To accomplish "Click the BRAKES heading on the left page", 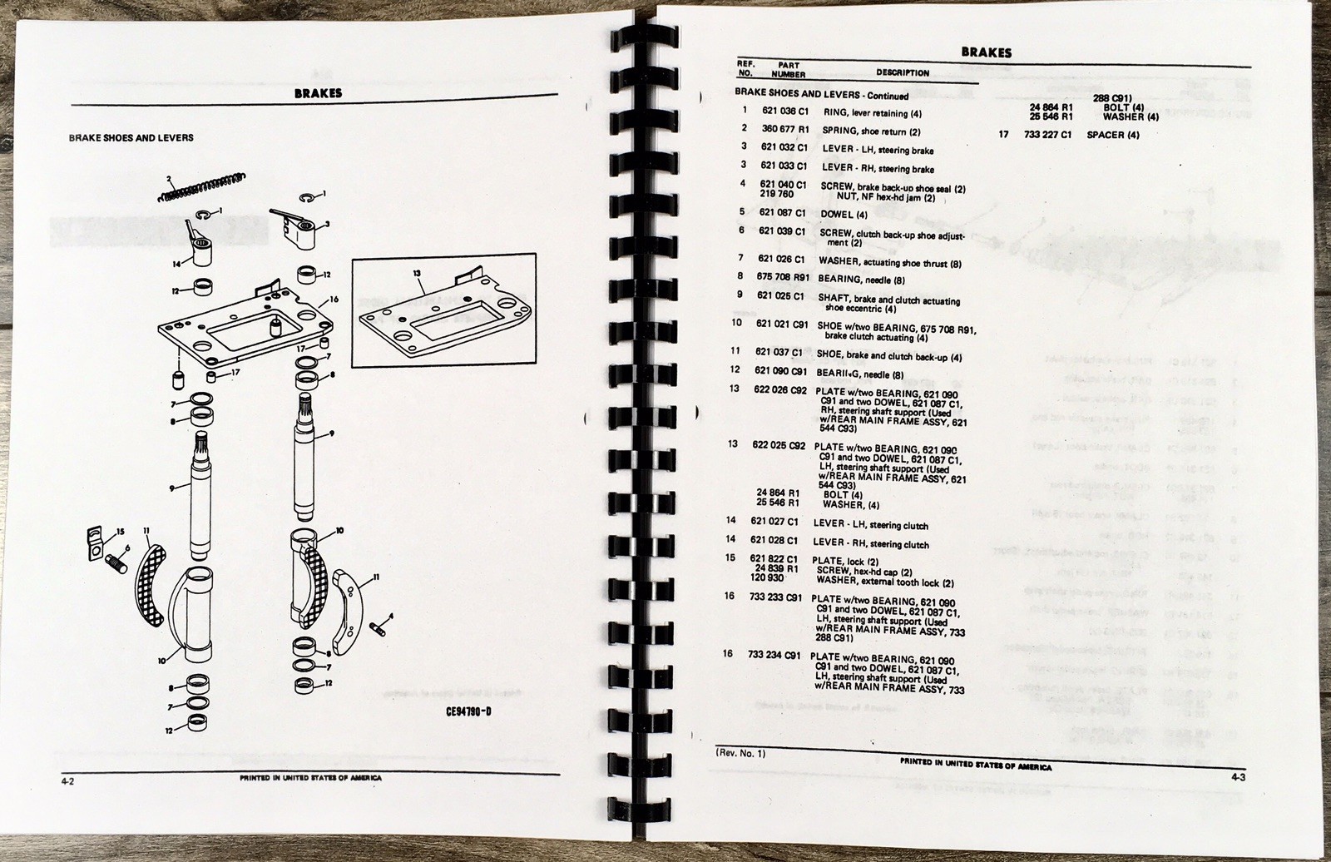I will tap(318, 94).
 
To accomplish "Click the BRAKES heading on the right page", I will tap(986, 52).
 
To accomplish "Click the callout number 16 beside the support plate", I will tap(334, 298).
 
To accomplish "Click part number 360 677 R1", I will tap(784, 129).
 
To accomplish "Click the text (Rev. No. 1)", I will tap(740, 753).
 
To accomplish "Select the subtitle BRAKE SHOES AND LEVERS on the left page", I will tap(131, 137).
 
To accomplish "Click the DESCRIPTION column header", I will tap(902, 72).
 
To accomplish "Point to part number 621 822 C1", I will tap(774, 559).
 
